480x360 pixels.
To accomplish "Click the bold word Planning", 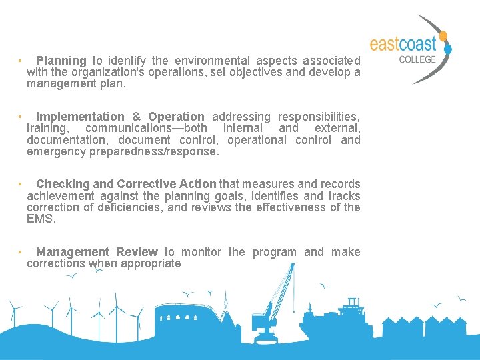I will (61, 61).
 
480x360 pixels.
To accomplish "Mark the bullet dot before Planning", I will (21, 61).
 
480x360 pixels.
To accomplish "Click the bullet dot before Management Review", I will (21, 252).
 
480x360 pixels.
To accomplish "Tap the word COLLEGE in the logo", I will (417, 59).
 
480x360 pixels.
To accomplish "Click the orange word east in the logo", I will (385, 45).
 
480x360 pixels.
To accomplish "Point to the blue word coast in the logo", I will (418, 45).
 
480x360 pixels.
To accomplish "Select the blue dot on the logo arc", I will (448, 48).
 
